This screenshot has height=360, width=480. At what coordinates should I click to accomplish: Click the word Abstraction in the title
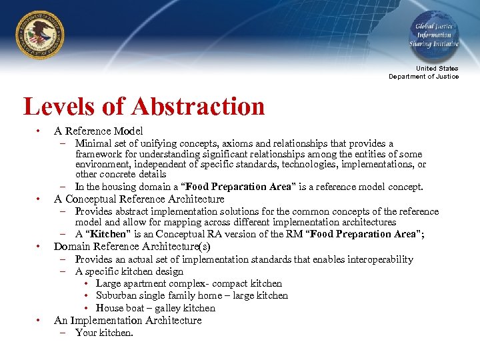pyautogui.click(x=198, y=107)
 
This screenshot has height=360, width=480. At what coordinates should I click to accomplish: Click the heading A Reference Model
pyautogui.click(x=98, y=131)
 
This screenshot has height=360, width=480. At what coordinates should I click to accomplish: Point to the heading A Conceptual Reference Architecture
pyautogui.click(x=139, y=199)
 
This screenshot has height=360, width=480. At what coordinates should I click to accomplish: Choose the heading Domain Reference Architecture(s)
pyautogui.click(x=132, y=247)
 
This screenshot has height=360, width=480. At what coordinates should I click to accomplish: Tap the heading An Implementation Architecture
pyautogui.click(x=127, y=320)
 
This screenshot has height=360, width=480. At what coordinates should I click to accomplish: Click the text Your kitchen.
pyautogui.click(x=104, y=332)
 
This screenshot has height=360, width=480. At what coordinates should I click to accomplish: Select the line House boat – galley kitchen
pyautogui.click(x=155, y=308)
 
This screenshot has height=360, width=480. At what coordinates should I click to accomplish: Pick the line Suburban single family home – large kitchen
pyautogui.click(x=192, y=295)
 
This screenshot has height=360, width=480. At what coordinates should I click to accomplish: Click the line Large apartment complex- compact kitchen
pyautogui.click(x=189, y=283)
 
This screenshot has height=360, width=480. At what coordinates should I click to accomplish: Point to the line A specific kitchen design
pyautogui.click(x=129, y=271)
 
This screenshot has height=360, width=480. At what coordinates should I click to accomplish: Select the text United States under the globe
pyautogui.click(x=437, y=69)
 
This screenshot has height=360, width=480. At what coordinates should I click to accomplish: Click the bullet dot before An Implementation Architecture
pyautogui.click(x=40, y=320)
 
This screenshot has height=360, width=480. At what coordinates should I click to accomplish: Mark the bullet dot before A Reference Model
pyautogui.click(x=40, y=131)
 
